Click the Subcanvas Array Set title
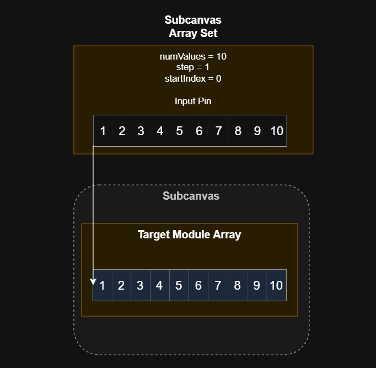[193, 26]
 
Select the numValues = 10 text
[193, 56]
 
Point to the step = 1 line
[193, 67]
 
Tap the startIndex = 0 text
[193, 78]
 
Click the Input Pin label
[193, 101]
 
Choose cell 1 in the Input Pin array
[103, 131]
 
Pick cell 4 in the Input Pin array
[160, 131]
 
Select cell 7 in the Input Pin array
[219, 131]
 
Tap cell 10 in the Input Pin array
[277, 131]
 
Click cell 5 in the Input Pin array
[179, 131]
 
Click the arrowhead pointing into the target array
[93, 282]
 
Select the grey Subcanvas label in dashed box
[191, 196]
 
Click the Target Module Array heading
[189, 234]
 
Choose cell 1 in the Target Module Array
[103, 285]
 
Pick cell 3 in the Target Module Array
[140, 285]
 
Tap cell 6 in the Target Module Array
[198, 285]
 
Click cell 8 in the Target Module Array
[237, 285]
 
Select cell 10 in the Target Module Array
[276, 285]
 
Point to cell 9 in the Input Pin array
[257, 131]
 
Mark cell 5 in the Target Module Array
[179, 285]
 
